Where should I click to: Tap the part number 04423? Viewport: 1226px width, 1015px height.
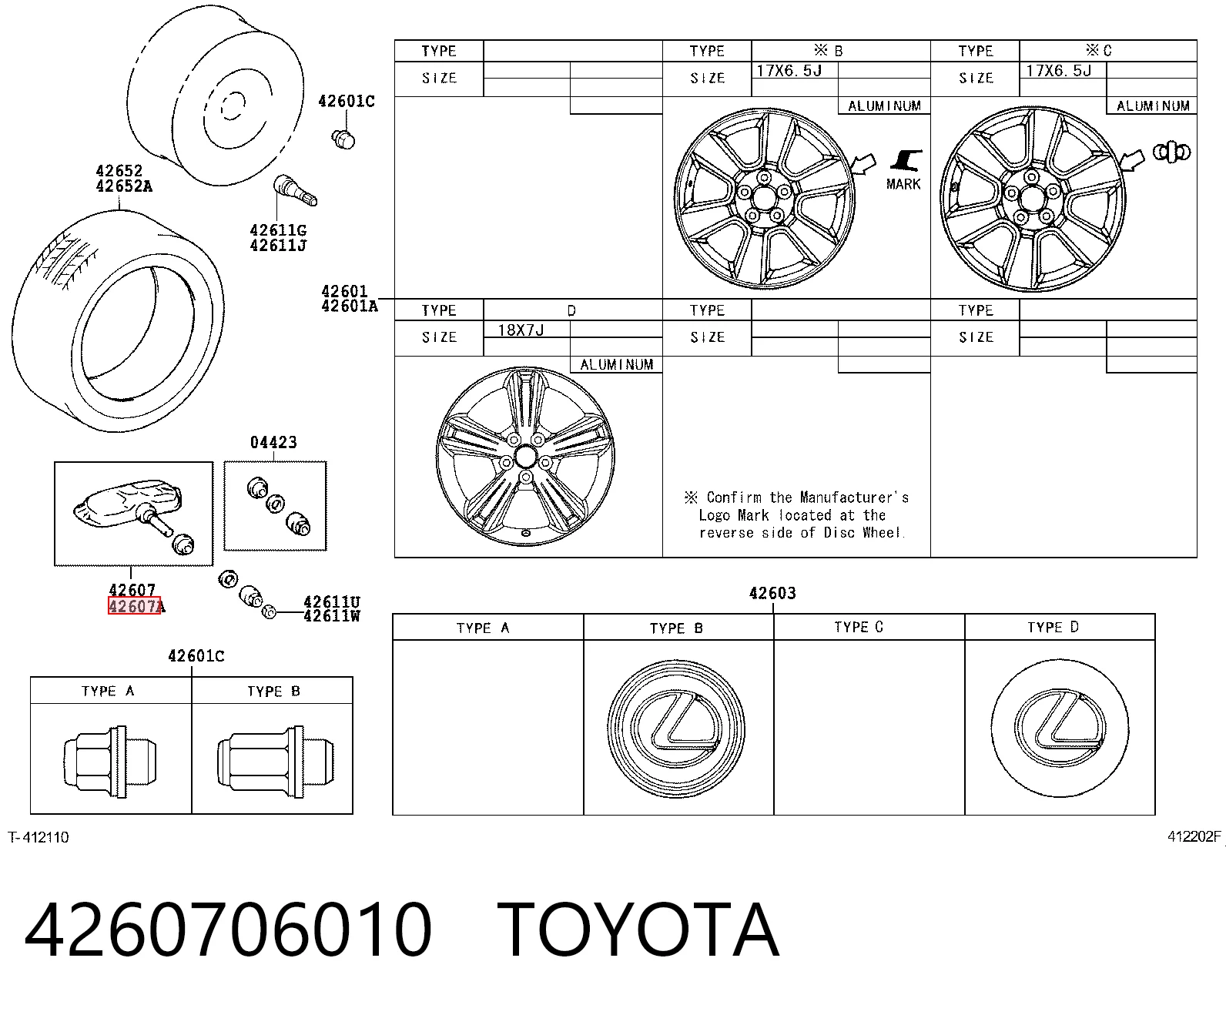[273, 442]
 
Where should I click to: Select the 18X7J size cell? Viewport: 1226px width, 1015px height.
[521, 330]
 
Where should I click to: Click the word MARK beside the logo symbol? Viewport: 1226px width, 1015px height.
[903, 184]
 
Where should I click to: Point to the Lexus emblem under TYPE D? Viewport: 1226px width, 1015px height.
[1060, 728]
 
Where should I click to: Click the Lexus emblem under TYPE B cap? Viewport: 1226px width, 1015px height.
[676, 729]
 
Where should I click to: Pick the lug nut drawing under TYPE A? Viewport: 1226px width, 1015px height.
[110, 761]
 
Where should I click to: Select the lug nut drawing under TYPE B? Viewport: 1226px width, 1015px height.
[276, 761]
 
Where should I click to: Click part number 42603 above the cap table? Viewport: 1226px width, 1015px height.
[772, 593]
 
